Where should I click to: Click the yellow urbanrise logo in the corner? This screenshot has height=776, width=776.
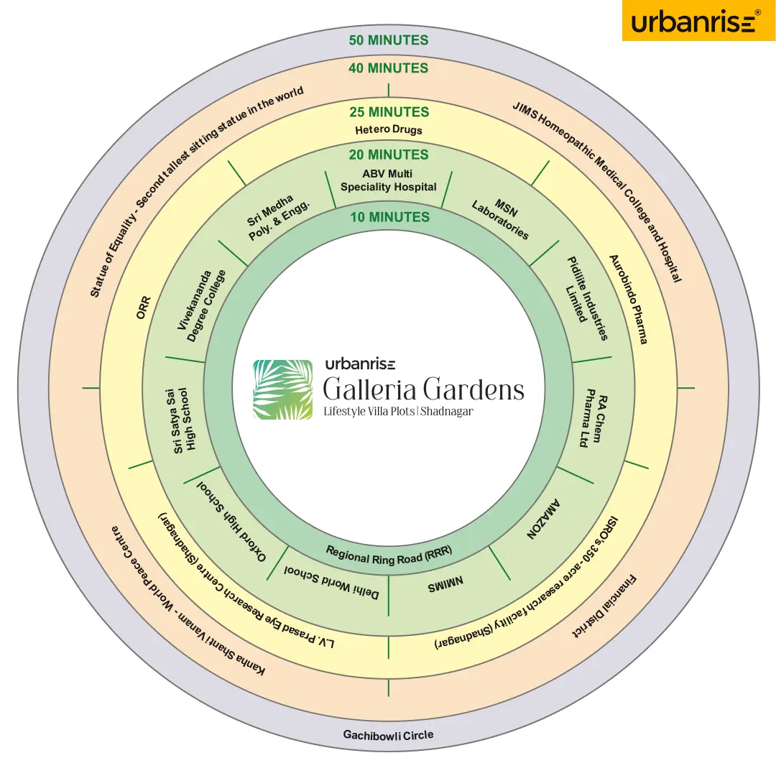click(697, 21)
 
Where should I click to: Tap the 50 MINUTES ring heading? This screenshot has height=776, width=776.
click(389, 40)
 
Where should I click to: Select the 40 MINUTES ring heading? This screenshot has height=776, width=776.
click(389, 68)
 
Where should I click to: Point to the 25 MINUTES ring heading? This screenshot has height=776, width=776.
click(389, 112)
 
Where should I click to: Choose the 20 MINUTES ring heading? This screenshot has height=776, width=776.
click(389, 154)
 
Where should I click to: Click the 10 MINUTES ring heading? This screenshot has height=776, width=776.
click(389, 217)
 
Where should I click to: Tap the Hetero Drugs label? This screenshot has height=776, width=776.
click(389, 130)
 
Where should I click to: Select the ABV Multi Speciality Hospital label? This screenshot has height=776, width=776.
click(389, 180)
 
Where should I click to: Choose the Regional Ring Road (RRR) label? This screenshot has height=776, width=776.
click(389, 555)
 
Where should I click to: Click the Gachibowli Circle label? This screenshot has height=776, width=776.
click(389, 735)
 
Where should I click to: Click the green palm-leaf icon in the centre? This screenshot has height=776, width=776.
click(282, 389)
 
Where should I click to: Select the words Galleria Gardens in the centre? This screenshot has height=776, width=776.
click(423, 389)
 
